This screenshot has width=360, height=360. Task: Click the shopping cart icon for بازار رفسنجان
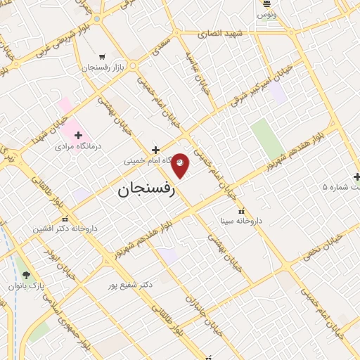pos(103,57)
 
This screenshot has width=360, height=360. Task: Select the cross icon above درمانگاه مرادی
pos(78,135)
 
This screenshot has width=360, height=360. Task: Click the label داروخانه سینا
pos(241,221)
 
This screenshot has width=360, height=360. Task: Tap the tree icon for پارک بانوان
pos(26,275)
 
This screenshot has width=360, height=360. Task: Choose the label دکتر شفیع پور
pos(130,285)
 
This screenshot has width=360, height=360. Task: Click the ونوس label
pos(266,15)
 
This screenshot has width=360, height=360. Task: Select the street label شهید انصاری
pos(219,33)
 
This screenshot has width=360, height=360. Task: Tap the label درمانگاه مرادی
pos(78,146)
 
